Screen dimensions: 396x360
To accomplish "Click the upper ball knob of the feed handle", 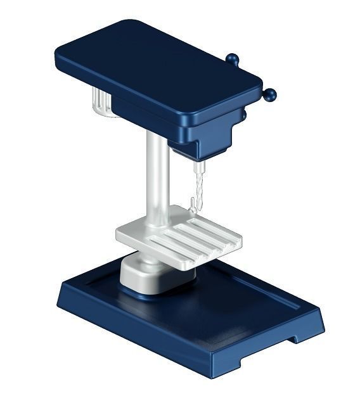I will click(233, 60).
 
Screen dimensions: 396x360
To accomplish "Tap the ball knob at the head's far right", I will click(271, 96).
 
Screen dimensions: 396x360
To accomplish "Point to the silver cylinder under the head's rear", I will click(101, 105).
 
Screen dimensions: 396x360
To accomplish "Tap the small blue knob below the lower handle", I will click(243, 116).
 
